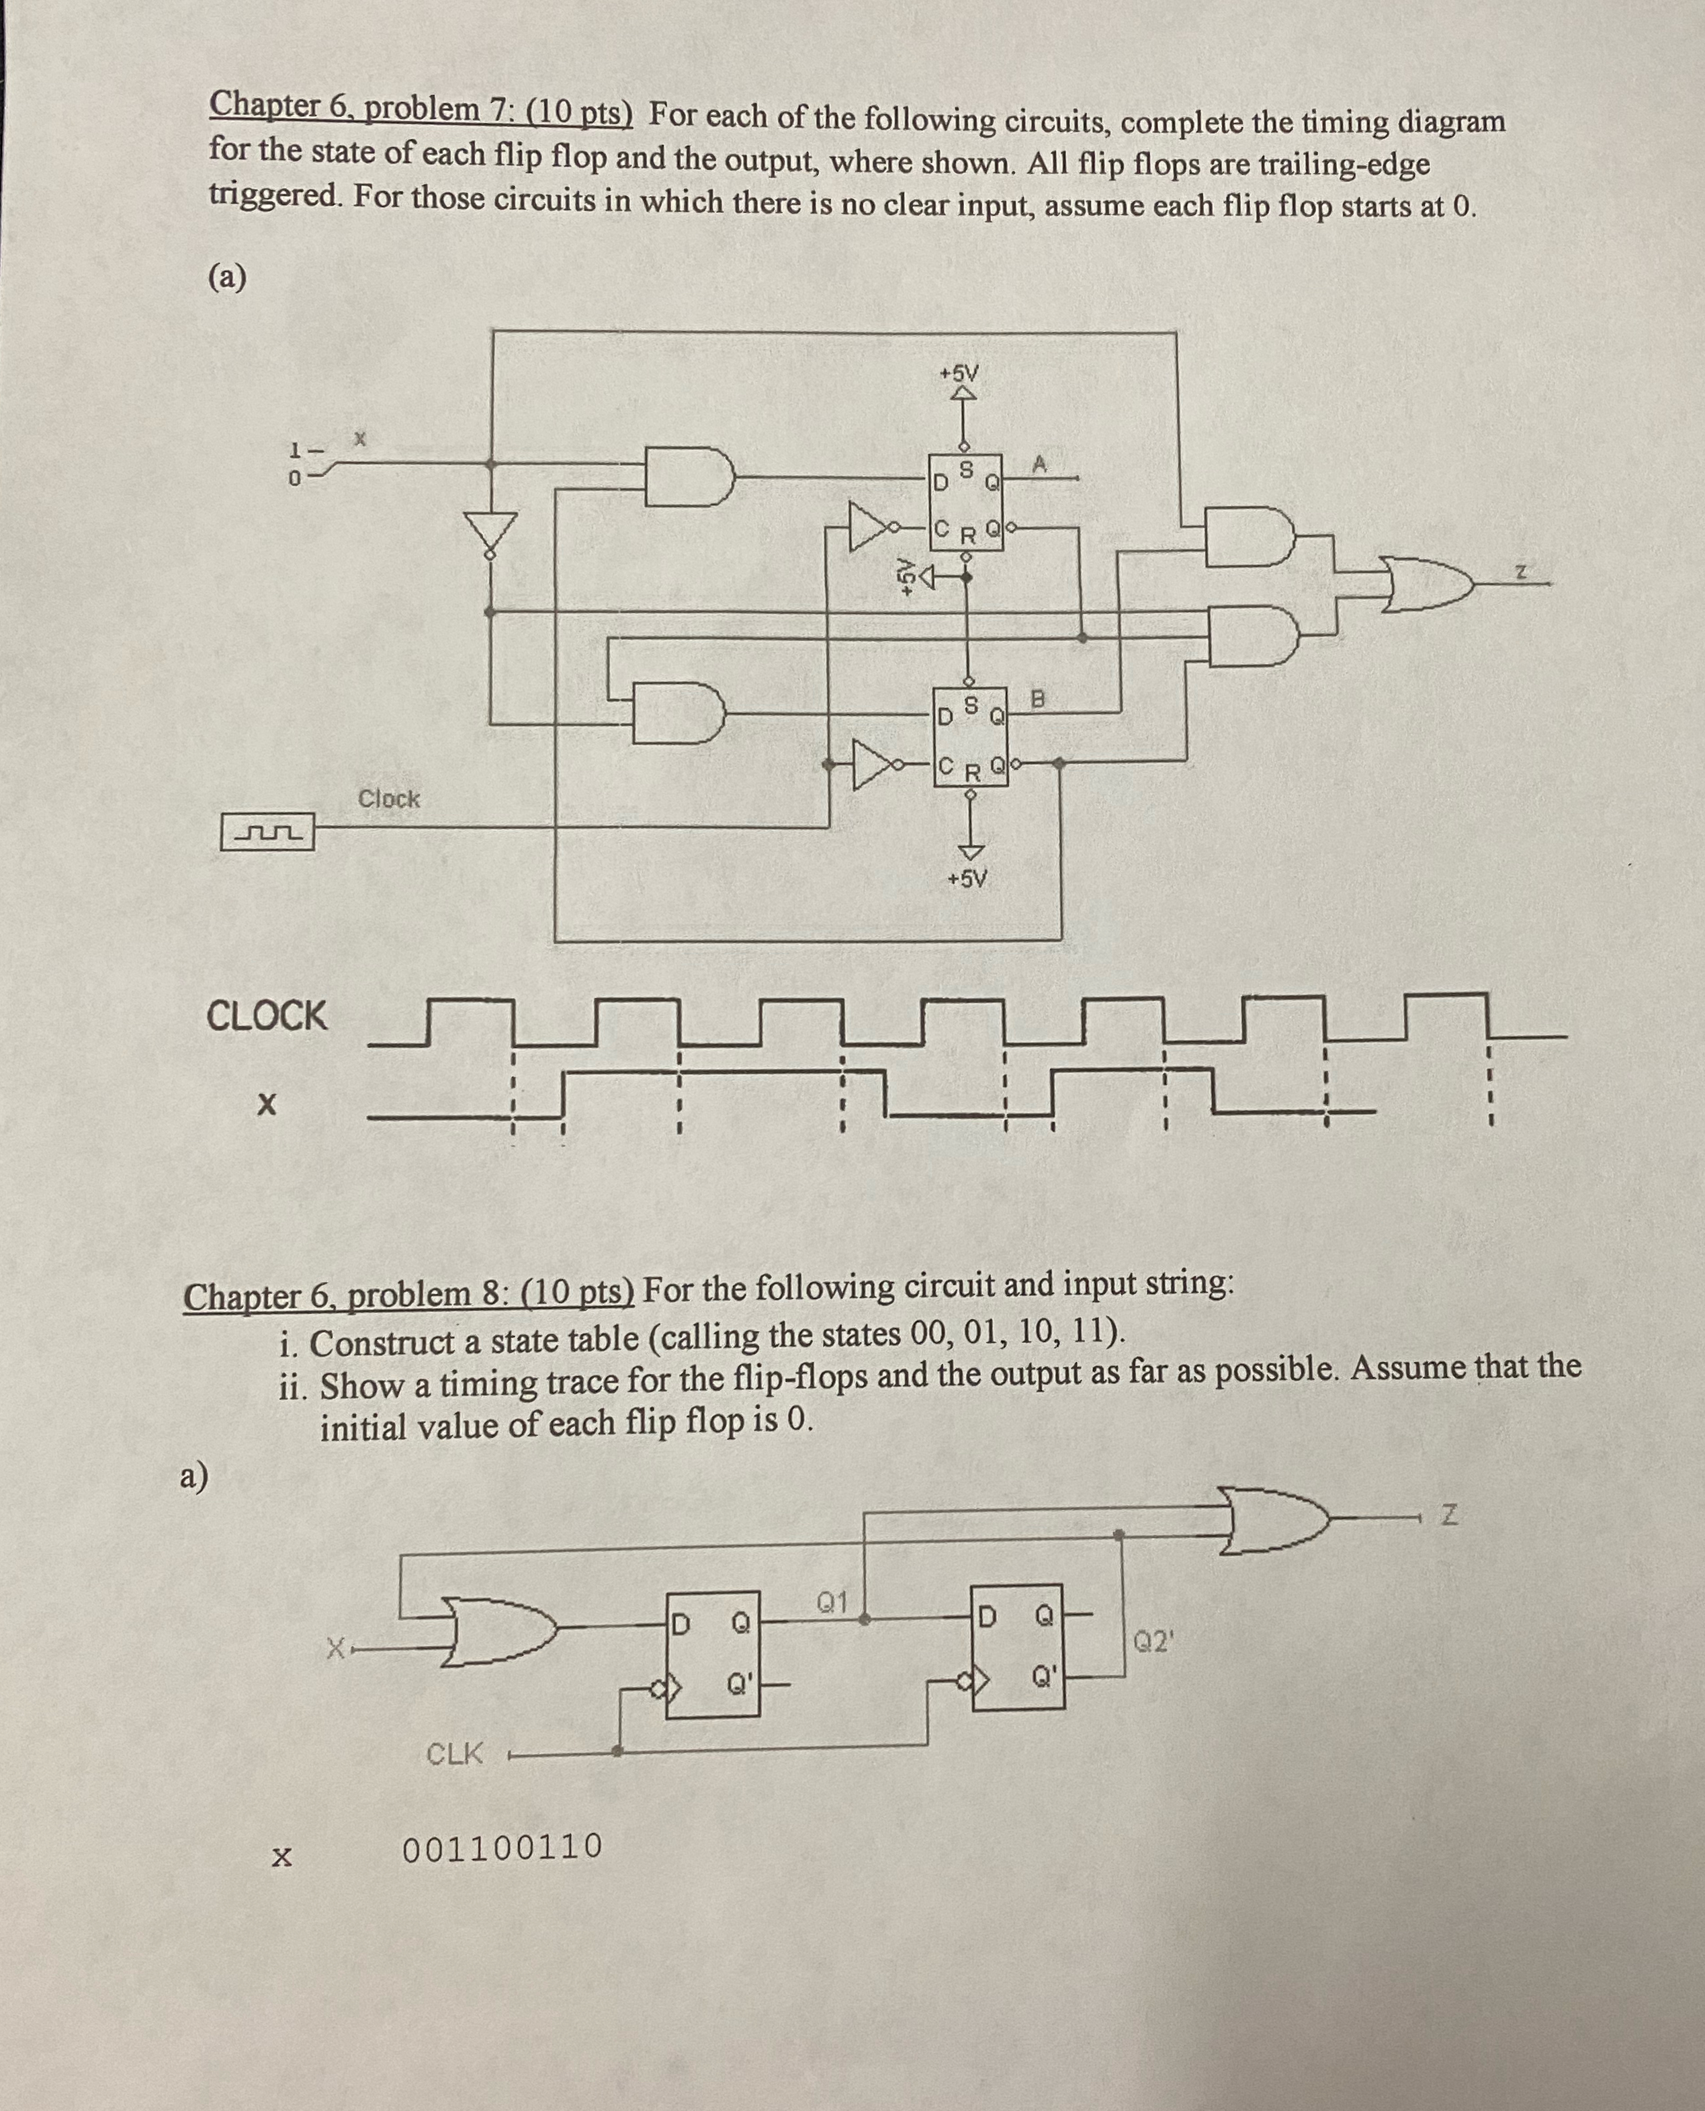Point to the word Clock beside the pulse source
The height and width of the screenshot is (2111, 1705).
click(389, 799)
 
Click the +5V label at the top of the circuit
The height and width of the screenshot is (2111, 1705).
click(959, 374)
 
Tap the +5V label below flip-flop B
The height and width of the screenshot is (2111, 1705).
click(967, 879)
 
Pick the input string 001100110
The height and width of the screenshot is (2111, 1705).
click(503, 1847)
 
